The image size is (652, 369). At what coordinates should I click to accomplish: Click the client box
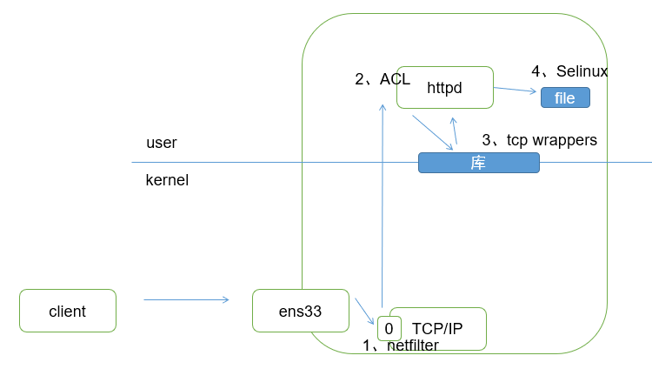tap(67, 311)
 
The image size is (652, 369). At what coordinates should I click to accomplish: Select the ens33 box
tap(300, 311)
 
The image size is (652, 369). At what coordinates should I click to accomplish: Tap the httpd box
tap(444, 88)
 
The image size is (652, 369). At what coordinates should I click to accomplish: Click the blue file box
tap(565, 97)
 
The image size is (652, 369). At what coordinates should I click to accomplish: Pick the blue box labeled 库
tap(478, 163)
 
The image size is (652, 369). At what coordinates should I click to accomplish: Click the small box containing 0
tap(389, 328)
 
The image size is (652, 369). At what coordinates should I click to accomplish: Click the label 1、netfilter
tap(400, 346)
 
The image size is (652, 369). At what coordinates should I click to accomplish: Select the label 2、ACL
tap(382, 79)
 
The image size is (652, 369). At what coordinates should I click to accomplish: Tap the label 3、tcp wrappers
tap(539, 140)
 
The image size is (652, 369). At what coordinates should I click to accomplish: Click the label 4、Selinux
tap(569, 71)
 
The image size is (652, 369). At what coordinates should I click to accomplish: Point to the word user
tap(162, 143)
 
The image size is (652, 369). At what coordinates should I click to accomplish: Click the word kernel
tap(167, 181)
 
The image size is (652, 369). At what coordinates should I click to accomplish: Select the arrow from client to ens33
tap(186, 299)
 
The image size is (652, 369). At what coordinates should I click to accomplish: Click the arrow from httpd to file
tap(515, 89)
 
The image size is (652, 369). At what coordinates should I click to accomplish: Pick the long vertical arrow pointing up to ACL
tap(382, 209)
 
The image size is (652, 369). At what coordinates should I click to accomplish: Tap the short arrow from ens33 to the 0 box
tap(364, 311)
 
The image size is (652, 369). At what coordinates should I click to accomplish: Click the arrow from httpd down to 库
tap(432, 132)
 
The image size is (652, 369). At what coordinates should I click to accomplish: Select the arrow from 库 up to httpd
tap(453, 132)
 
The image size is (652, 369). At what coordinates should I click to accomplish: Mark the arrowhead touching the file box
tap(534, 91)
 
